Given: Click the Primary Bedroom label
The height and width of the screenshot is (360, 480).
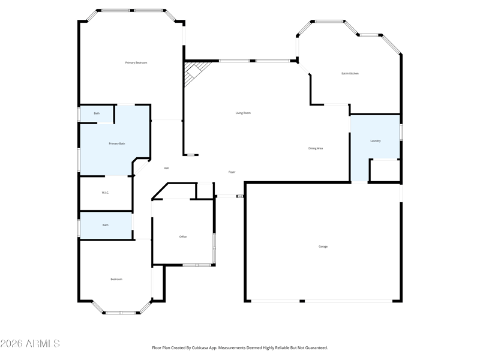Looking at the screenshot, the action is pos(136,63).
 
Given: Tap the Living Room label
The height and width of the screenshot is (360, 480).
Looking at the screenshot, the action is pos(243,113).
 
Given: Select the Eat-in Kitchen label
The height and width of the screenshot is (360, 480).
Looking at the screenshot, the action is pos(350,73).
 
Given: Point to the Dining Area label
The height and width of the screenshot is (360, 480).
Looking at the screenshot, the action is pos(316,148).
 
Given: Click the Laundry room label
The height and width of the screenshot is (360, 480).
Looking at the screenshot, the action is pos(376,141).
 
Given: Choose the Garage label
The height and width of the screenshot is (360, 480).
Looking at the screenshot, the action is pos(323,247).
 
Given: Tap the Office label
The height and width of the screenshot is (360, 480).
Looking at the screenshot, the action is pos(183,236).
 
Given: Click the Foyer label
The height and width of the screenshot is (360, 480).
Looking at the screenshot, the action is pos(232,172).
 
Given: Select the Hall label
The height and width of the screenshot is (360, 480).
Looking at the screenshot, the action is pos(166,168).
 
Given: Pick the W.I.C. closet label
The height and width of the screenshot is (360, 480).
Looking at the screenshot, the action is pos(106,193).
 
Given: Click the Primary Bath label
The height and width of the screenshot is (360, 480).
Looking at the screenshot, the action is pos(117,143).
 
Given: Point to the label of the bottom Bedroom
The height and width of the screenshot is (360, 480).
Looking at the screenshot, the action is pos(116,279).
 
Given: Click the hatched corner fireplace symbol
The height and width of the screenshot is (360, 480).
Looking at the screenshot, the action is pos(194,72).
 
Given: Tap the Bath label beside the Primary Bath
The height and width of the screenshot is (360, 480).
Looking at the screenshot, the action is pos(97,113).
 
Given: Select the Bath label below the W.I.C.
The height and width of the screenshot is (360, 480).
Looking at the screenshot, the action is pos(106,225).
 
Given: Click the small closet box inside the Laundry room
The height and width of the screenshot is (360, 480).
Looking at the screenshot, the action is pos(385,170).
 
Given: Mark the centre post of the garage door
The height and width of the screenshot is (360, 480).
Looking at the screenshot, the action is pos(302,301).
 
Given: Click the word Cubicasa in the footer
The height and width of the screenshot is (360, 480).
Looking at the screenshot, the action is pos(200,348).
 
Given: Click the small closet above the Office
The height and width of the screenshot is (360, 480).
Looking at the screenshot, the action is pos(205,191).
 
